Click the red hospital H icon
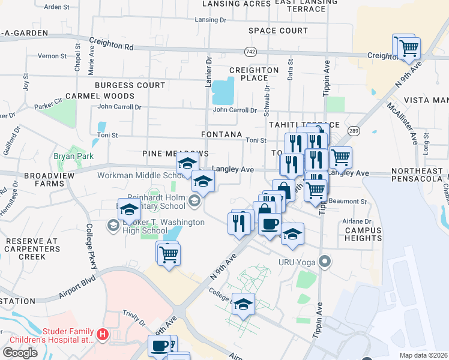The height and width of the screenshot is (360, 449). coord(103,334)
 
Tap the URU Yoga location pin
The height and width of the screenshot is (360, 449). coord(325,261)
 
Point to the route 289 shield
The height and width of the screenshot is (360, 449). coord(353,130)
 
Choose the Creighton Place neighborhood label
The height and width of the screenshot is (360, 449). coord(254,74)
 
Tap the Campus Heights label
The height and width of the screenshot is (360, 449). coord(363,234)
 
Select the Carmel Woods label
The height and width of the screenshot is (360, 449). coord(100,96)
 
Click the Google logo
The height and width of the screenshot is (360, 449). coord(20,352)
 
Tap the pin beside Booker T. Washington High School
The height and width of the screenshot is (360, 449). coord(112,226)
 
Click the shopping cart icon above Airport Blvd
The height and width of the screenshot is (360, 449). coord(169,254)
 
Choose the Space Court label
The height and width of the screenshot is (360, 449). coord(278,31)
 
